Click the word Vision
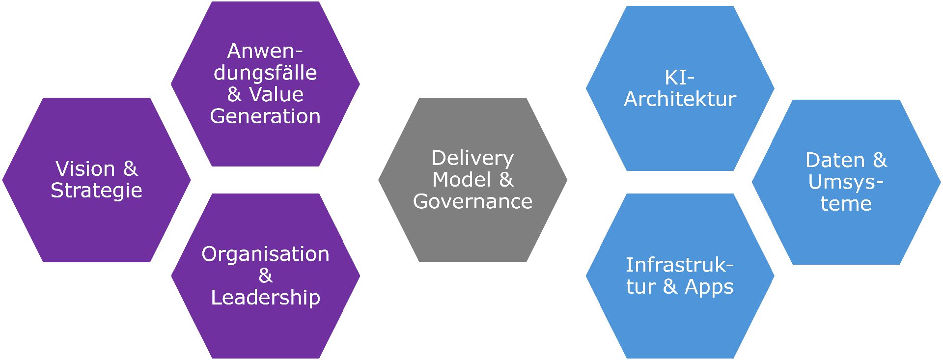tap(85, 169)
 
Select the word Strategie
tap(96, 191)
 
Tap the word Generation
tap(265, 116)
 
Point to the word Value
tap(276, 94)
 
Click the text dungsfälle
tap(265, 73)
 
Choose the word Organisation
tap(265, 254)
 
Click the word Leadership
tap(265, 297)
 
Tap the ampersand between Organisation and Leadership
tap(266, 276)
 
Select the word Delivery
tap(472, 158)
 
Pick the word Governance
tap(472, 201)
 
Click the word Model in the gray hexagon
tap(461, 180)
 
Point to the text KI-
tap(680, 78)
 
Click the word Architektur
tap(680, 99)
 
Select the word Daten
tap(835, 161)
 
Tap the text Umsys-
tap(846, 182)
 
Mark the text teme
tap(846, 204)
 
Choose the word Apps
tap(709, 287)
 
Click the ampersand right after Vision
tap(130, 169)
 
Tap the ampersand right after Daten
tap(880, 161)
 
